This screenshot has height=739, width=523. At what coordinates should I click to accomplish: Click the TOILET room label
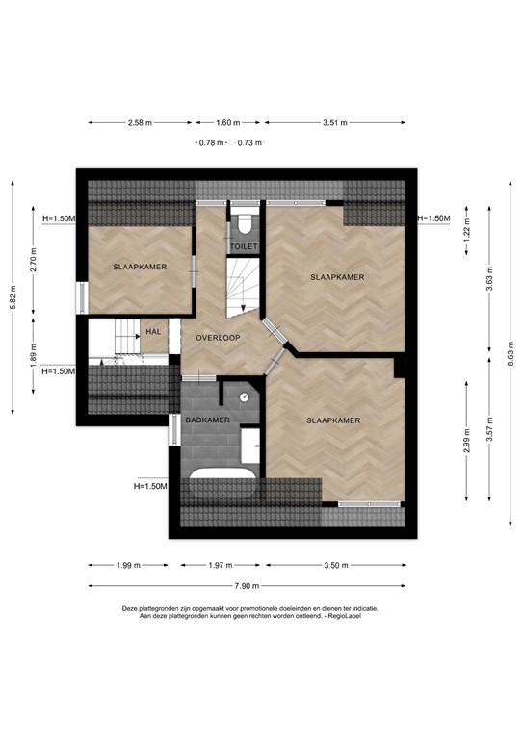tap(244, 246)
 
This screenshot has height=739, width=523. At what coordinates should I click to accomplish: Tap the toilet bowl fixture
tap(245, 224)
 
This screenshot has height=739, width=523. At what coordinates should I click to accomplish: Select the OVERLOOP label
tap(218, 338)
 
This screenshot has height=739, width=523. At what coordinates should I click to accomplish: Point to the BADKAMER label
tap(207, 420)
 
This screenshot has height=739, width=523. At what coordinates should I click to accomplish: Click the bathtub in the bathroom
tap(222, 478)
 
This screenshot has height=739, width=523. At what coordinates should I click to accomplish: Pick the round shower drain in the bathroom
tap(246, 396)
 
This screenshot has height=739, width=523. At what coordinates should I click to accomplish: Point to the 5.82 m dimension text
tap(12, 294)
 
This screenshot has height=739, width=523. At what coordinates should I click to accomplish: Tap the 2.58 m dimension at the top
tap(140, 123)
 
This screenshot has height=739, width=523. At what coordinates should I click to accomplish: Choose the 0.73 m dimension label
tap(249, 142)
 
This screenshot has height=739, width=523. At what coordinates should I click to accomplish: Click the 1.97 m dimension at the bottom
tap(222, 565)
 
